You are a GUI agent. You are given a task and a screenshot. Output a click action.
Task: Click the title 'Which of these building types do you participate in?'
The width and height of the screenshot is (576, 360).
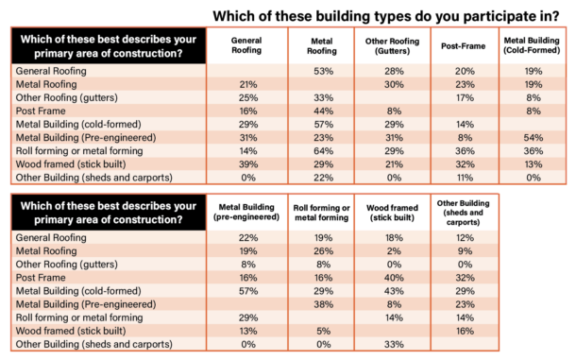pyautogui.click(x=389, y=15)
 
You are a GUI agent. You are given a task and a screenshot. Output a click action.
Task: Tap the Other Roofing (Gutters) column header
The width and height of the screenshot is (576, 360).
pyautogui.click(x=394, y=47)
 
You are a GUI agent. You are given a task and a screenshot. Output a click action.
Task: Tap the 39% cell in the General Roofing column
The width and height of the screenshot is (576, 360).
pyautogui.click(x=249, y=164)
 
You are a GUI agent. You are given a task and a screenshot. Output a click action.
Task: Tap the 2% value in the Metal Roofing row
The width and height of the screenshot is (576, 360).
pyautogui.click(x=387, y=252)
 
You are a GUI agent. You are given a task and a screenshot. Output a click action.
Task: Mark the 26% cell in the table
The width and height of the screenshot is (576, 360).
pyautogui.click(x=321, y=252)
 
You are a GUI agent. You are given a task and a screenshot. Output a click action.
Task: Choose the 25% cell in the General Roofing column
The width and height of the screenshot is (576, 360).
pyautogui.click(x=249, y=97)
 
